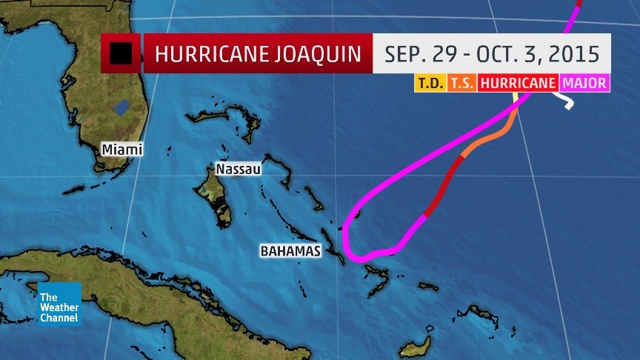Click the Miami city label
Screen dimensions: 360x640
click(122, 150)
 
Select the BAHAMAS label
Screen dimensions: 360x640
click(290, 251)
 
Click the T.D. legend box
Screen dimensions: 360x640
click(430, 83)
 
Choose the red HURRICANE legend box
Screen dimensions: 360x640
click(518, 83)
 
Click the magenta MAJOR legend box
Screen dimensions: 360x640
click(584, 83)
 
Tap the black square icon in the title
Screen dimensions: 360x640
click(121, 53)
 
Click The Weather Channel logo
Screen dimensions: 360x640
click(59, 304)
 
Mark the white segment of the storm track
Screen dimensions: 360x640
click(566, 101)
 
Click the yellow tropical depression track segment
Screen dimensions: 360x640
click(516, 99)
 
